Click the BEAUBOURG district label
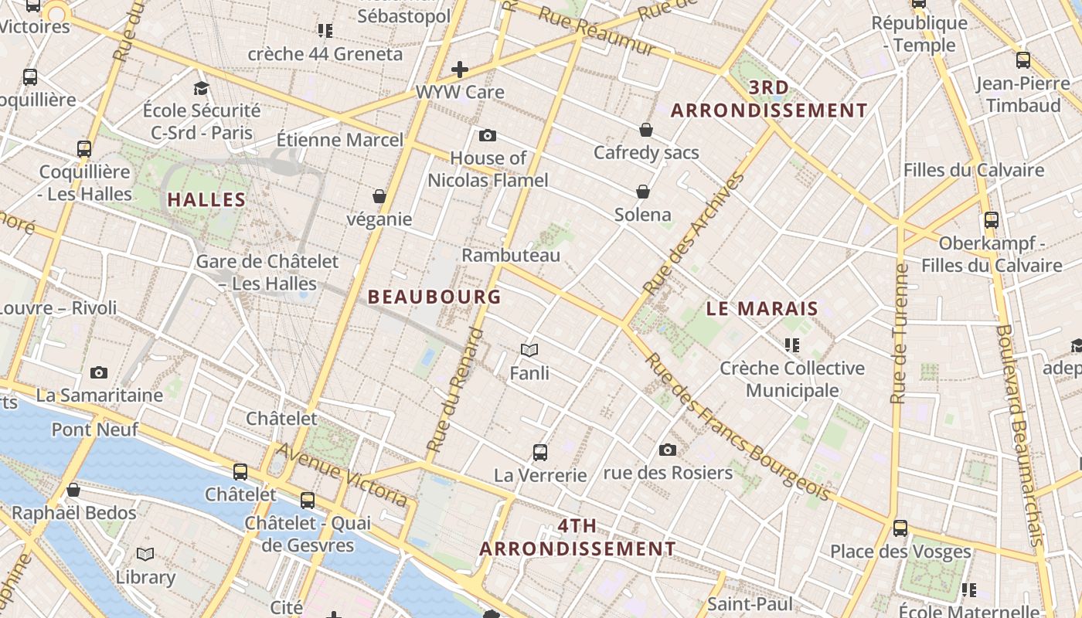tap(434, 297)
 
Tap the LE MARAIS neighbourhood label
tap(762, 308)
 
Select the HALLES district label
tap(206, 199)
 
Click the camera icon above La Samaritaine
tap(99, 373)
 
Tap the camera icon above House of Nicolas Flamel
tap(488, 136)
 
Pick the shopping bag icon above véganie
tap(379, 197)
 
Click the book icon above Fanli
tap(529, 351)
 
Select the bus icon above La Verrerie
tap(540, 453)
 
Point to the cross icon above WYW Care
tap(460, 70)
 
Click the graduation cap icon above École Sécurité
tap(202, 88)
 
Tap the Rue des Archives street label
tap(694, 233)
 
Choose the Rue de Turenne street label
tap(899, 334)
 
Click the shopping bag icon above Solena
tap(643, 192)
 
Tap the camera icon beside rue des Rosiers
tap(668, 450)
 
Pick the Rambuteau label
tap(511, 255)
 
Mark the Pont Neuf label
tap(95, 429)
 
